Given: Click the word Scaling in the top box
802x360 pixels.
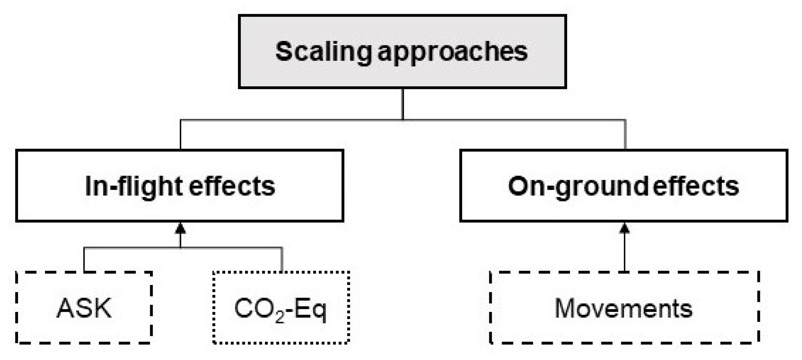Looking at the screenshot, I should (x=324, y=52).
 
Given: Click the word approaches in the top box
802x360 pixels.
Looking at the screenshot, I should (x=453, y=52).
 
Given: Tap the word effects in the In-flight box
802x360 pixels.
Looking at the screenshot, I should (x=232, y=187).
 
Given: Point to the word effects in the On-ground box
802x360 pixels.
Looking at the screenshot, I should (x=696, y=187).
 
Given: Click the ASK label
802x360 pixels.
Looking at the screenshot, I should (x=84, y=308).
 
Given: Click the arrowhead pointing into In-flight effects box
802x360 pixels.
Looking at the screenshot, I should (x=181, y=229).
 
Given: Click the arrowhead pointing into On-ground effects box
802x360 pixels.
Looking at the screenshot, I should (x=625, y=229).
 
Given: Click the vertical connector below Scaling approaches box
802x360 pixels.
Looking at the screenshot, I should (x=403, y=104).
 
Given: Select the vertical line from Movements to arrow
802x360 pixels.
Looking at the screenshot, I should (x=625, y=253).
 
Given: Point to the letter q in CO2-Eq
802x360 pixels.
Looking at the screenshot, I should (x=319, y=311).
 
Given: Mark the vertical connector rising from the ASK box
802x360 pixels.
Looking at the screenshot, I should (x=84, y=260).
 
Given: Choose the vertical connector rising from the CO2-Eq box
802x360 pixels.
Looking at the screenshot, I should (x=282, y=260).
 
